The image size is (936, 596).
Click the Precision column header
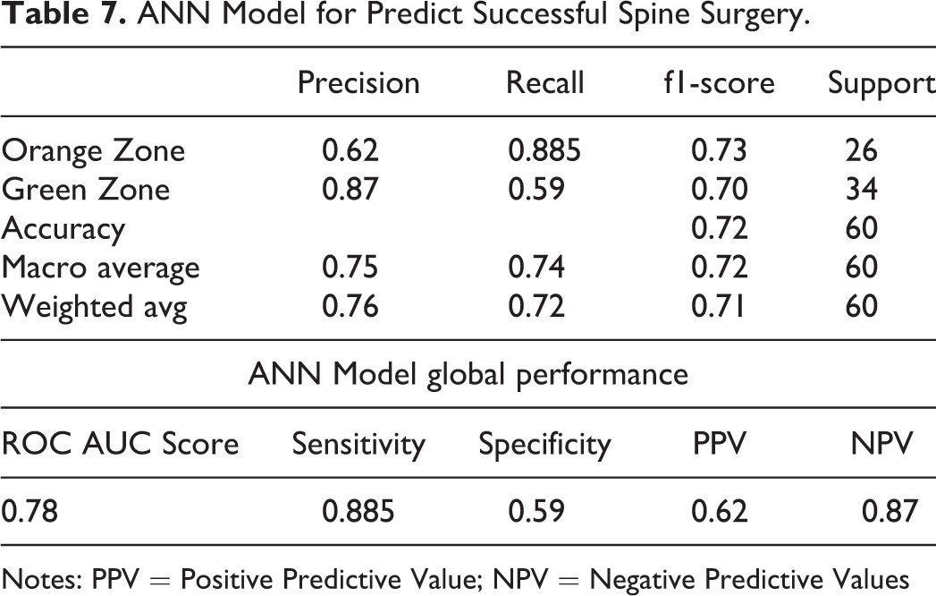[358, 82]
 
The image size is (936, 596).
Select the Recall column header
[545, 82]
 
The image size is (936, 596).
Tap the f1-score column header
[719, 82]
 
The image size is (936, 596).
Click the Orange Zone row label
[93, 150]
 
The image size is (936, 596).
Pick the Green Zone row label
[86, 190]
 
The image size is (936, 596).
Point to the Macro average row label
[100, 268]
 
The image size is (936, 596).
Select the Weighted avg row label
[95, 307]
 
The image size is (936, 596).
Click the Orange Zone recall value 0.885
[544, 150]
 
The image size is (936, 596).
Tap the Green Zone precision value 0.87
[350, 190]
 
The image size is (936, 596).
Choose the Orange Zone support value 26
[862, 150]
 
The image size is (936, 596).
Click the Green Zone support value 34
[862, 190]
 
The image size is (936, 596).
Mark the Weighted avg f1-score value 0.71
[718, 307]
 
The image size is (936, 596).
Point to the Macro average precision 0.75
[350, 268]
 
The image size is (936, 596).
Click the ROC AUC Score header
[120, 444]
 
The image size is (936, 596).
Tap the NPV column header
[882, 444]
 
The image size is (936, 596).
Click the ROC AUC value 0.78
[30, 512]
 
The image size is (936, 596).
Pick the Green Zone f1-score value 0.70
[720, 190]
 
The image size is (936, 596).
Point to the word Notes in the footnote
[42, 579]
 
